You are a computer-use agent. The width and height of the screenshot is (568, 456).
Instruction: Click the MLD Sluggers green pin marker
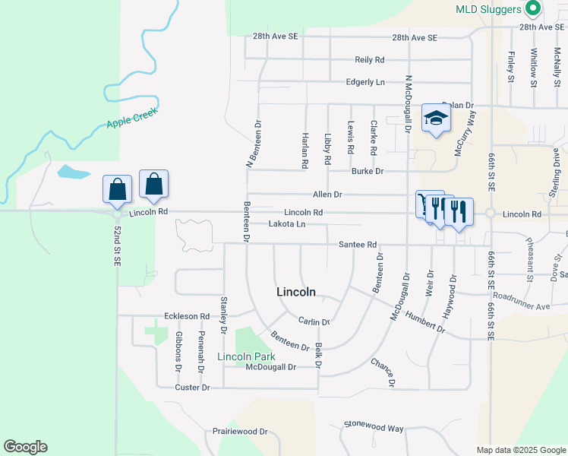click(x=533, y=8)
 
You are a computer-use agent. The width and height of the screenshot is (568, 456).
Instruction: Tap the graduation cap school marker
click(x=436, y=119)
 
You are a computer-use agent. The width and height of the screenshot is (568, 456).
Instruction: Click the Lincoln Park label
click(x=246, y=356)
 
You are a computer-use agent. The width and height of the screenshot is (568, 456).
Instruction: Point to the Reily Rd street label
click(x=370, y=59)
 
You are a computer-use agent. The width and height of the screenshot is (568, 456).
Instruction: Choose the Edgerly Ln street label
click(x=365, y=82)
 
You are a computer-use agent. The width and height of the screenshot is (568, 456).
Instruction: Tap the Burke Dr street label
click(x=367, y=171)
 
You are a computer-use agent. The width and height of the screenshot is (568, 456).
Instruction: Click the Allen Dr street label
click(x=327, y=195)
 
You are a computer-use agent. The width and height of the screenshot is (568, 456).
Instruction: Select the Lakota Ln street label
click(x=287, y=224)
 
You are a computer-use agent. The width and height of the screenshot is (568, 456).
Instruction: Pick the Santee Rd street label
click(x=358, y=245)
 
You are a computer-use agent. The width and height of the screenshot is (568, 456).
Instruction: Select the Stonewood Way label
click(x=374, y=428)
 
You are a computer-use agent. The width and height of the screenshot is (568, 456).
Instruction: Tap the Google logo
click(x=25, y=447)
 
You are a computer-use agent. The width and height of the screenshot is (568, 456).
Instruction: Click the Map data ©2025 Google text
click(x=521, y=450)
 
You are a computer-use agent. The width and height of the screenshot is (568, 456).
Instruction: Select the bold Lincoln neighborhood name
click(x=295, y=292)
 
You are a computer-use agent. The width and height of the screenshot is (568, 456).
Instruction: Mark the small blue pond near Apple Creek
click(x=74, y=172)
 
